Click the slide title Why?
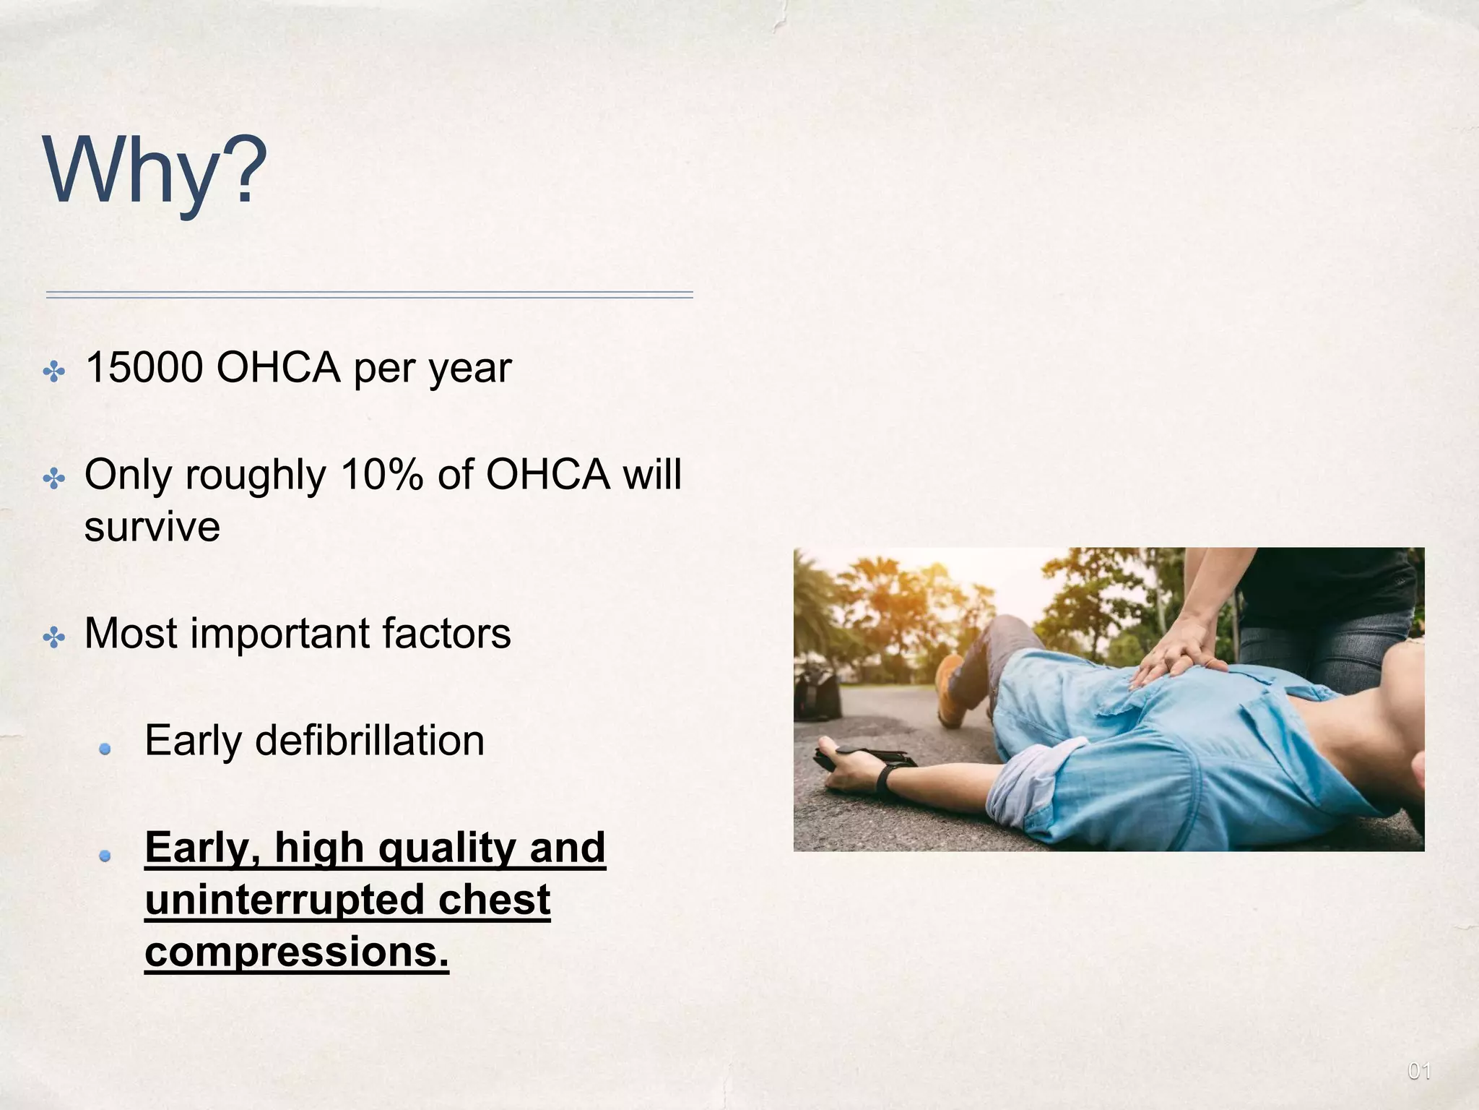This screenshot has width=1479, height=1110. point(155,171)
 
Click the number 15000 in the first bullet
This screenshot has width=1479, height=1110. point(144,368)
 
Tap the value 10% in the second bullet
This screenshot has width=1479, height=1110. point(381,475)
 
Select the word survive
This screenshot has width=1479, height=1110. point(152,526)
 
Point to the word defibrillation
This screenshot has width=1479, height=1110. point(369,741)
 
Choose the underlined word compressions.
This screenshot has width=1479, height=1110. point(296,952)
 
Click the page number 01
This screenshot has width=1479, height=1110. point(1418,1071)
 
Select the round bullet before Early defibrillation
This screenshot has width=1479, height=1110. point(105,749)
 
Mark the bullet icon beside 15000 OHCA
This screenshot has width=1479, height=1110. point(54,373)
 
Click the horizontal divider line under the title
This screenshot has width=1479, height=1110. point(369,295)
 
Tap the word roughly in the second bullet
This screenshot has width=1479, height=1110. point(256,476)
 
